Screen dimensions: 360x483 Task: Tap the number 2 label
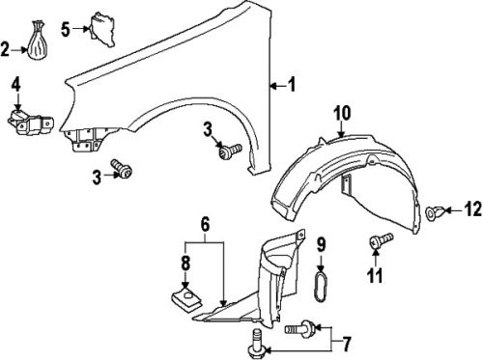coord(6,48)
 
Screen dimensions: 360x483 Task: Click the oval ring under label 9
coord(324,288)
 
